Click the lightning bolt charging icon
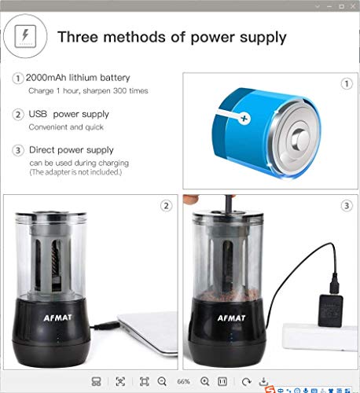click(25, 36)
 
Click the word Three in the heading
click(78, 37)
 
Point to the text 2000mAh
click(46, 78)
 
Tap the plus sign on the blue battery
click(244, 119)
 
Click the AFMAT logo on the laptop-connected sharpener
click(57, 318)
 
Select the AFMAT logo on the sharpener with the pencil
click(232, 318)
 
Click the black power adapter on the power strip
click(330, 310)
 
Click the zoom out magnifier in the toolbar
click(162, 381)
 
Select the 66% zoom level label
click(183, 381)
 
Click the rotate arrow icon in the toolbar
click(246, 381)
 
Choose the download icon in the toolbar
click(263, 381)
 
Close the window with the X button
click(353, 6)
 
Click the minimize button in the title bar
click(329, 6)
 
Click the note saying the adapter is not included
click(75, 172)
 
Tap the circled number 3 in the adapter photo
click(347, 206)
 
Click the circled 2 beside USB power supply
click(18, 115)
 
